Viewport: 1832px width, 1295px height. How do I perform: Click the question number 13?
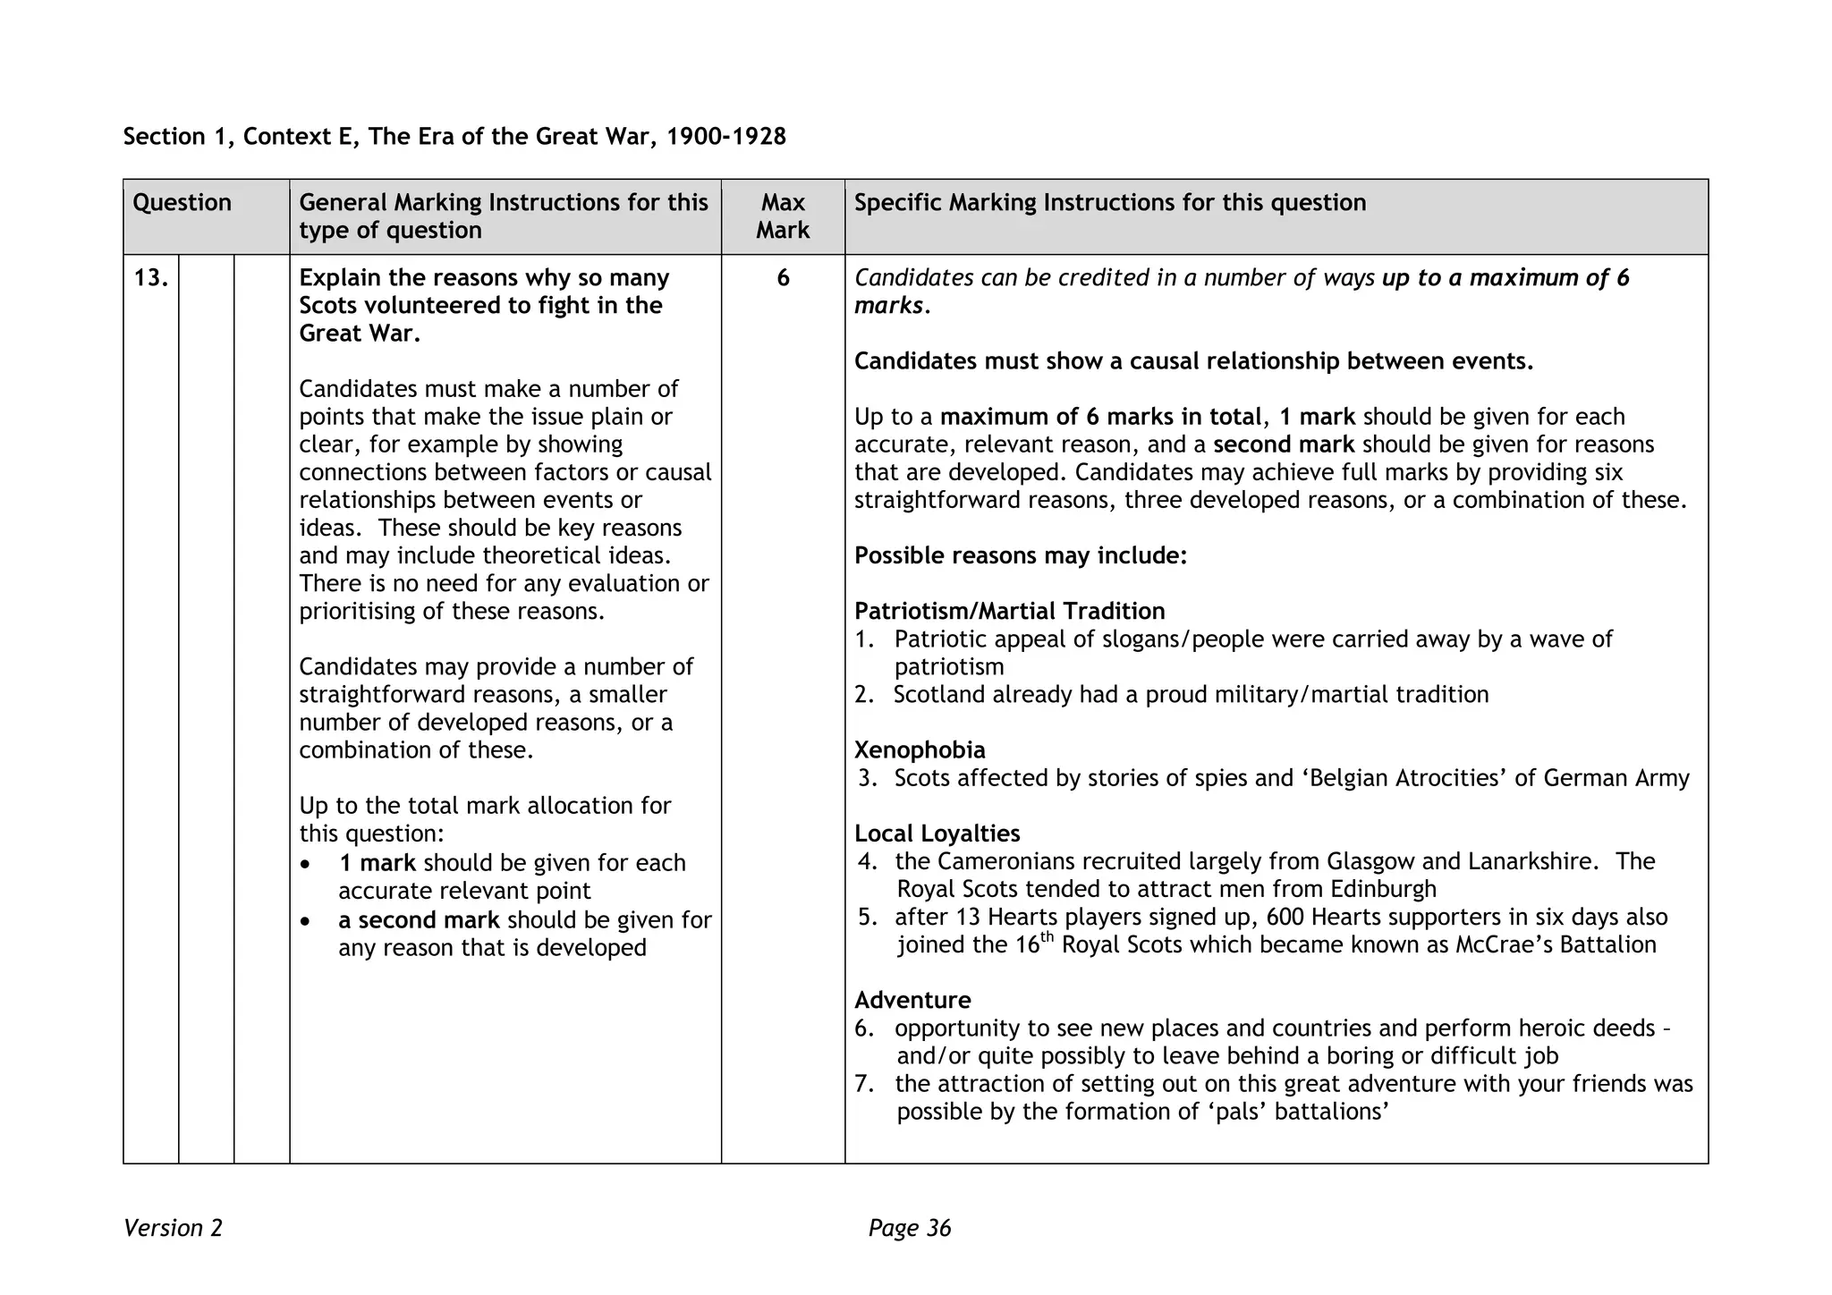click(150, 278)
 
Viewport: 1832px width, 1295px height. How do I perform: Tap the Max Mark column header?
click(783, 216)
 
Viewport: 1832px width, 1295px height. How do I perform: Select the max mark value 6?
click(783, 278)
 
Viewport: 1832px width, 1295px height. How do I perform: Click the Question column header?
click(182, 203)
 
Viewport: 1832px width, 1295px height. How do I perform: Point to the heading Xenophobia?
click(920, 750)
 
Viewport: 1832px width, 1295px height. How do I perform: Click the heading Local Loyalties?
click(937, 834)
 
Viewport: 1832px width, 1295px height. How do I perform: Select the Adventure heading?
click(912, 1000)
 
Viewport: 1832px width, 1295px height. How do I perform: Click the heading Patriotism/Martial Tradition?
click(1009, 612)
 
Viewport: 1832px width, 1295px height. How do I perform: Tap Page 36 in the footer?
click(910, 1229)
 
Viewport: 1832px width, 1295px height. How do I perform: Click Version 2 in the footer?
click(173, 1229)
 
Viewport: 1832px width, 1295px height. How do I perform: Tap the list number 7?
click(863, 1084)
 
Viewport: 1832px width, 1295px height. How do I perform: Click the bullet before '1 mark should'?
click(307, 865)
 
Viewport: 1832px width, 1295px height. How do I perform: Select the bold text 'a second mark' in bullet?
click(419, 920)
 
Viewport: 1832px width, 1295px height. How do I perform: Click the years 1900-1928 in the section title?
click(726, 137)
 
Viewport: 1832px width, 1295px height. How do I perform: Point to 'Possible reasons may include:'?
click(1020, 556)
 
